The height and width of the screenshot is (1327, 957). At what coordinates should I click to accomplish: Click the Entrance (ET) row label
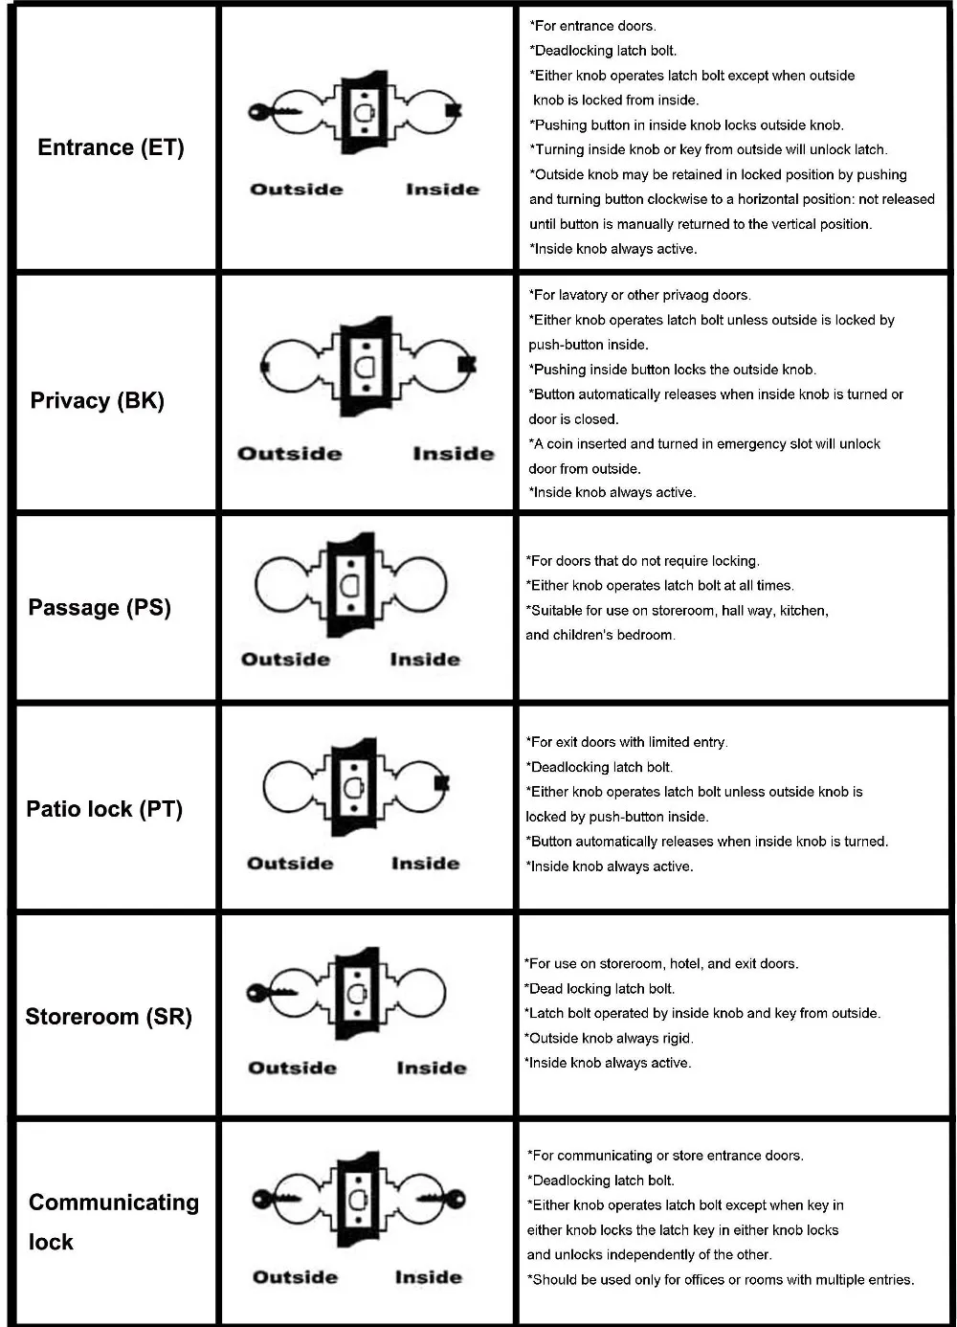point(111,147)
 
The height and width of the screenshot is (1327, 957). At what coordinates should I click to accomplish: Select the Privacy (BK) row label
point(98,400)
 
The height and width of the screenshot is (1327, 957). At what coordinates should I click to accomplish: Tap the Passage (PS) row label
point(100,608)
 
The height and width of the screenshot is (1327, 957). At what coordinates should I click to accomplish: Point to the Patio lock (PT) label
point(104,809)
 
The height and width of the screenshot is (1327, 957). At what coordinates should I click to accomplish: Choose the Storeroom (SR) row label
point(108,1017)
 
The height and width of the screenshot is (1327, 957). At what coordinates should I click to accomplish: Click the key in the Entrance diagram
point(274,112)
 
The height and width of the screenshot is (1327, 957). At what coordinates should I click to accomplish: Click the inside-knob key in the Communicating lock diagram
point(440,1199)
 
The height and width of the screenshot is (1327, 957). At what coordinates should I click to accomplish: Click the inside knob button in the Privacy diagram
point(467,364)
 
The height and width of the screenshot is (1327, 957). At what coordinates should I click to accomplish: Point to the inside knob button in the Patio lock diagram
point(441,783)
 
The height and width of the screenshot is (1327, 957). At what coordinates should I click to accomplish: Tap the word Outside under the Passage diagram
point(285,660)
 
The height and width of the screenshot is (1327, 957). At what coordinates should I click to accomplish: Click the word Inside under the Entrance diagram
point(442,190)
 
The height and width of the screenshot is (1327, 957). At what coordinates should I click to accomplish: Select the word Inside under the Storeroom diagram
point(432,1068)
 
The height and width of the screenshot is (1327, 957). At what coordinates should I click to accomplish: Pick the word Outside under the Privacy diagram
point(289,454)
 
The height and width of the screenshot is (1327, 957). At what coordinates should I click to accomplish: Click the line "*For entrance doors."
point(592,26)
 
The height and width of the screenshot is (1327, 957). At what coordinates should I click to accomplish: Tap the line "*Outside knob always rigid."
point(608,1038)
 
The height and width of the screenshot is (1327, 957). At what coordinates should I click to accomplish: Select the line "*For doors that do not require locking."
point(642,561)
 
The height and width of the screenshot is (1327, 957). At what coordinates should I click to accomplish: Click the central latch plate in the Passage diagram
point(351,584)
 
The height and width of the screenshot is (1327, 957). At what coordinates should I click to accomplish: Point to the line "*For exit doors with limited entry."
point(626,742)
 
